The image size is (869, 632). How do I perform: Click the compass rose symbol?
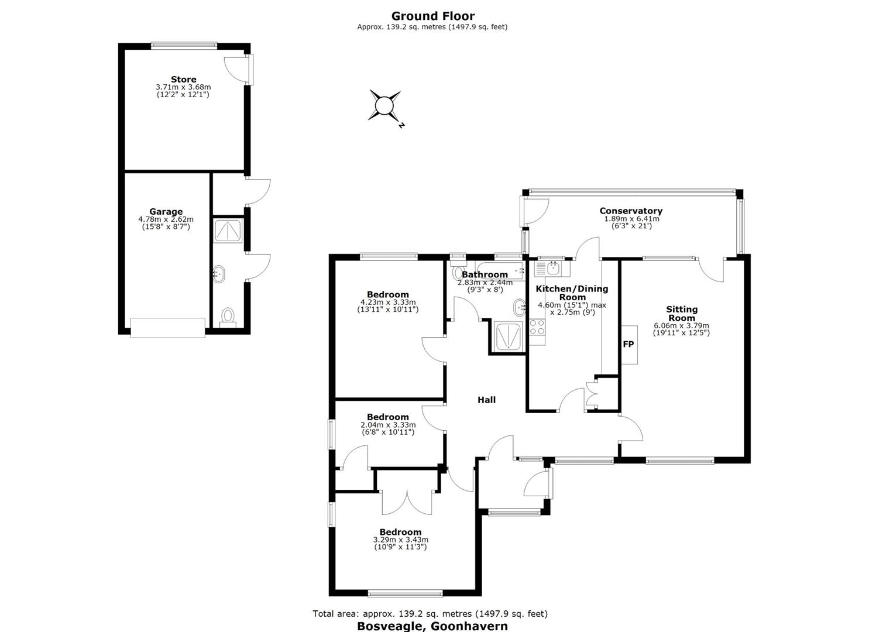[384, 105]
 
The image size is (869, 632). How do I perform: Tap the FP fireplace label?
[628, 344]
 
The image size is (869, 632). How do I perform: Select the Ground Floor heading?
[432, 16]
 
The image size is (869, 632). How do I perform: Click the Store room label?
[184, 80]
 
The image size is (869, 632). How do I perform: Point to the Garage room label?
[166, 212]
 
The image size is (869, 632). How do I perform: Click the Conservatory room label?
[631, 211]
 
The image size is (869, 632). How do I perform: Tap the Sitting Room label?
[682, 314]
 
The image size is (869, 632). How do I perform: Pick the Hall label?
[486, 400]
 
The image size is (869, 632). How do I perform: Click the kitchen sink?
[547, 267]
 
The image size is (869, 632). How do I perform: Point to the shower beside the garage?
[228, 231]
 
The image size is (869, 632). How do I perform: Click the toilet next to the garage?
[228, 317]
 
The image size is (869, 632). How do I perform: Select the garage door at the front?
[167, 328]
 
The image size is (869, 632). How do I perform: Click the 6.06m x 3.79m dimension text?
[682, 326]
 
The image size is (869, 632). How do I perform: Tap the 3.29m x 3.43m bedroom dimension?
[401, 540]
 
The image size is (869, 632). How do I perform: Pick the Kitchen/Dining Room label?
[572, 293]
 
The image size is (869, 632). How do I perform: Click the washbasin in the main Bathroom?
[520, 308]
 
